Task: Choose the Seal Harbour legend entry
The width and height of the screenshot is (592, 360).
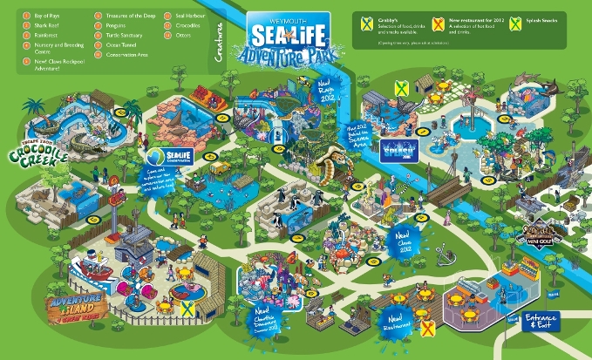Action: (192, 16)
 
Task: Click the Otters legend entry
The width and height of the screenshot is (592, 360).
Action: (186, 38)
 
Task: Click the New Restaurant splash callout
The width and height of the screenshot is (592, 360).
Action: (398, 323)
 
